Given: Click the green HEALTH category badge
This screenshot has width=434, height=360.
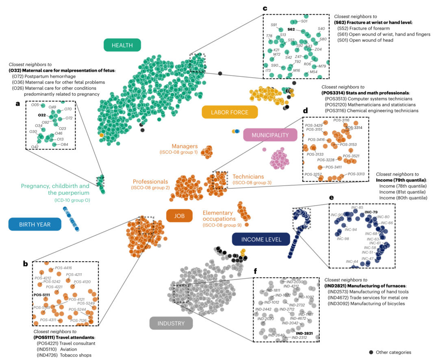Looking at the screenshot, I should point(122,45).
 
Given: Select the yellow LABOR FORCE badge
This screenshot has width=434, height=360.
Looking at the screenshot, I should point(230,112).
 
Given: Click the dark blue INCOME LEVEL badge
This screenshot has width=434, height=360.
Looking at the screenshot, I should point(261,239).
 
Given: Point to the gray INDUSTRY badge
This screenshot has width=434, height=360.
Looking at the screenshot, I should point(171,323).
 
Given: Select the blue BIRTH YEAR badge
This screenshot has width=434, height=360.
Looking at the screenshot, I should point(35,224).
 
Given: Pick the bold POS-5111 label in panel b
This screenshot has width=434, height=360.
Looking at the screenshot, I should point(41,295).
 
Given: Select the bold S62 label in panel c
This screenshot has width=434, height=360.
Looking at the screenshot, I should point(291,29).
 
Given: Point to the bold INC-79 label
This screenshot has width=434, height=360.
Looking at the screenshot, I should point(371,212).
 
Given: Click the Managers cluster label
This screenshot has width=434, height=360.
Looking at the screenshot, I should point(184,146).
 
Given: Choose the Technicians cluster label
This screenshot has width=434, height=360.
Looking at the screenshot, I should point(248,177).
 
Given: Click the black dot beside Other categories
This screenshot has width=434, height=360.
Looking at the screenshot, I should point(371,352).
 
